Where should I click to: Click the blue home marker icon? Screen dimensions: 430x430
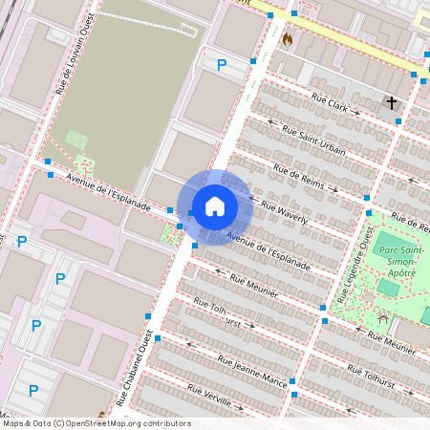(x=215, y=206)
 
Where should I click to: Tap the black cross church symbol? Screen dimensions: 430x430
(x=392, y=102)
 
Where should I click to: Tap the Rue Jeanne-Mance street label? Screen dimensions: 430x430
(x=252, y=372)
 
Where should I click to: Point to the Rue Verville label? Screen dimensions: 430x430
(x=211, y=398)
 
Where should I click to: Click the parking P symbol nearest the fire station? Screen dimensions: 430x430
(x=222, y=65)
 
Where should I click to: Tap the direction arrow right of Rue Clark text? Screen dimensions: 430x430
(x=357, y=113)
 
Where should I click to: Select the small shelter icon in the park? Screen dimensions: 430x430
(x=382, y=317)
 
